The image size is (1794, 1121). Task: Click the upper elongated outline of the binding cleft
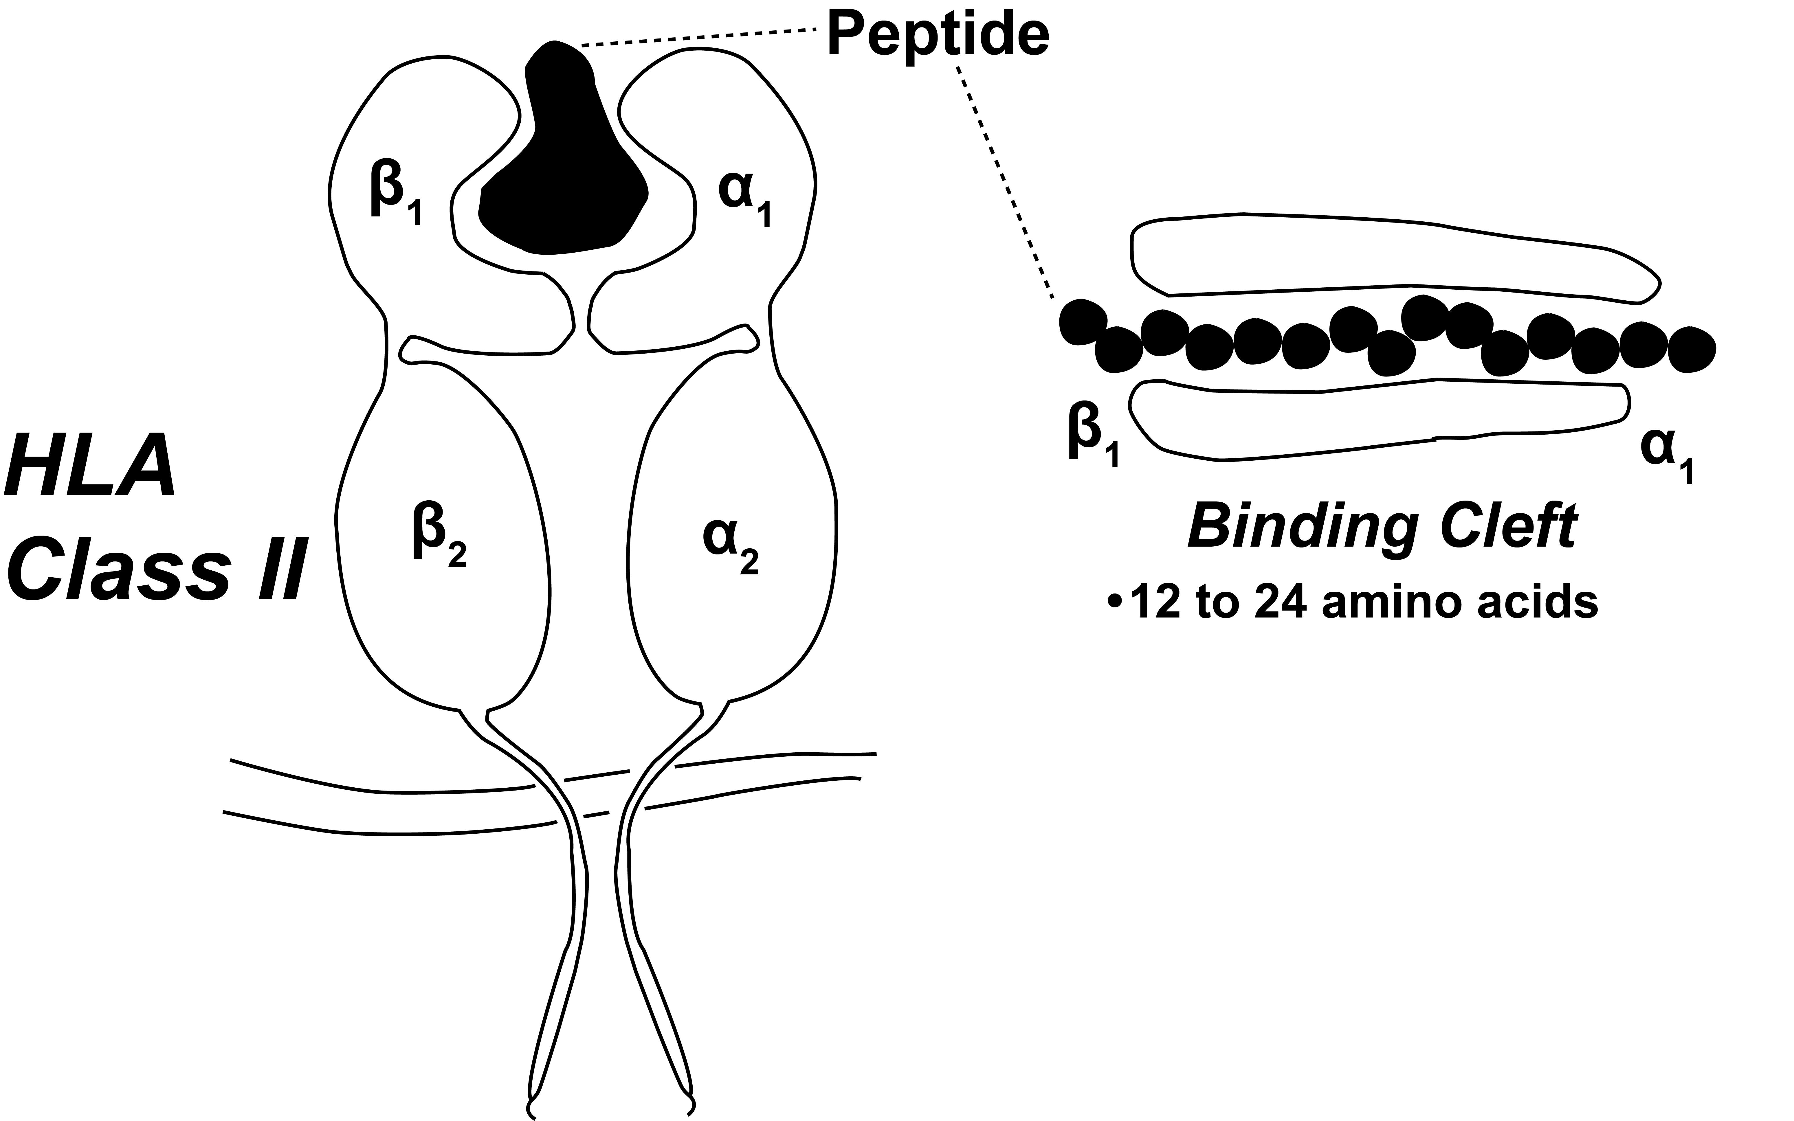coord(1387,256)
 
